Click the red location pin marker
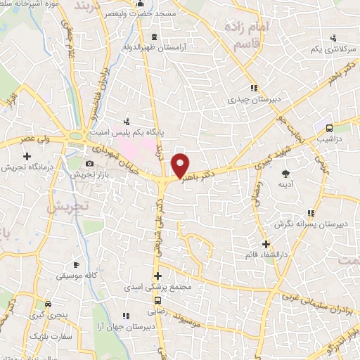click(x=181, y=165)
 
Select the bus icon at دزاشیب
click(x=329, y=128)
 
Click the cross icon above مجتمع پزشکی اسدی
click(x=158, y=276)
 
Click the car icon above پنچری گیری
click(x=47, y=304)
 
